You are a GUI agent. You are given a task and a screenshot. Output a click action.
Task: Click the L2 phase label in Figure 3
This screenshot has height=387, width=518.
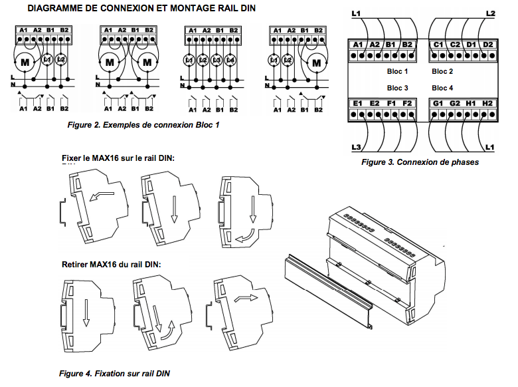click(490, 13)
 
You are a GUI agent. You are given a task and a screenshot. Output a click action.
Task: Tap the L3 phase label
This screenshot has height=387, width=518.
click(356, 146)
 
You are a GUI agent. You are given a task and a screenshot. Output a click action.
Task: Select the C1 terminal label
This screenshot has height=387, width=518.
click(438, 45)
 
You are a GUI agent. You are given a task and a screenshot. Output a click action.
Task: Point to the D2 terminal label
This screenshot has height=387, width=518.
click(488, 45)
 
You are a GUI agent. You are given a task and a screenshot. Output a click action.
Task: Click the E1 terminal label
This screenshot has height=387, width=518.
click(359, 103)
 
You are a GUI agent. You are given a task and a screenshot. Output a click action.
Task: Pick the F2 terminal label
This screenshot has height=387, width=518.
click(407, 103)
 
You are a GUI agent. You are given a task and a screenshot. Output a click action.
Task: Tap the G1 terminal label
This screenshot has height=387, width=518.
click(438, 103)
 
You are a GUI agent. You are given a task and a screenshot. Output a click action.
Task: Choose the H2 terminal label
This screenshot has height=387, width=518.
click(488, 103)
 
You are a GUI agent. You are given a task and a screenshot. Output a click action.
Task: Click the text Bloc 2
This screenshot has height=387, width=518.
click(442, 71)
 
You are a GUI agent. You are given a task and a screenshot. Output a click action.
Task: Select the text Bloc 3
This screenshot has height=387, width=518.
click(397, 88)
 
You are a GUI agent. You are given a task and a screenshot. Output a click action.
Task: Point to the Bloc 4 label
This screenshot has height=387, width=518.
click(442, 88)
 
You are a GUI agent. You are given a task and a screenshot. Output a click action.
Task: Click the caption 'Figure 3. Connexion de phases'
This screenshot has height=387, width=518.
click(420, 162)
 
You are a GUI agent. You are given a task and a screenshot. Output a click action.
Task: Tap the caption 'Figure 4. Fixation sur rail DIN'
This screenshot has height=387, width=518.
click(114, 374)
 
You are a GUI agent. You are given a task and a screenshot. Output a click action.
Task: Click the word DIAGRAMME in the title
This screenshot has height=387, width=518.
click(57, 7)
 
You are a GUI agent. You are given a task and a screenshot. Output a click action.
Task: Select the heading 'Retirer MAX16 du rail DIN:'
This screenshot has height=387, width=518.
click(112, 264)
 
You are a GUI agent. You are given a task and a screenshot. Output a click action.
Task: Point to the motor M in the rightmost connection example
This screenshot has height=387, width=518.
click(315, 62)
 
